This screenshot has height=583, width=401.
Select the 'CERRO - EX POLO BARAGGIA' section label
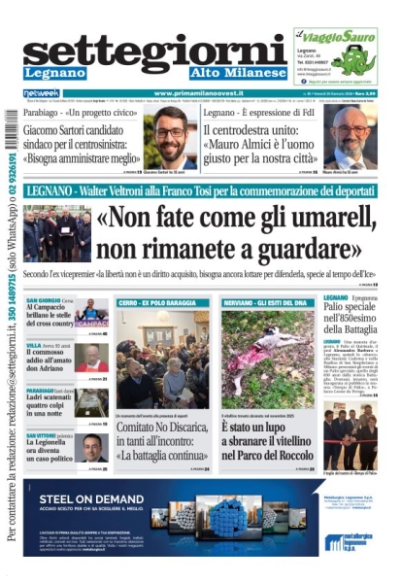pyautogui.click(x=155, y=303)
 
